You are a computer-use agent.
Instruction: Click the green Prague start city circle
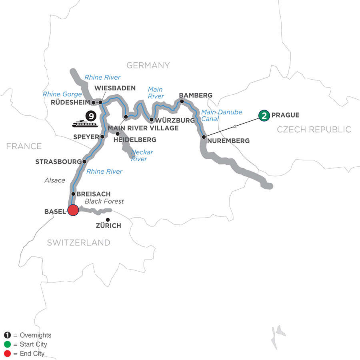(264, 115)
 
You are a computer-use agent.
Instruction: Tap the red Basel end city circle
(73, 210)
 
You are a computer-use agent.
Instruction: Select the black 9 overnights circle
(92, 116)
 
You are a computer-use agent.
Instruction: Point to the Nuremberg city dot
(204, 137)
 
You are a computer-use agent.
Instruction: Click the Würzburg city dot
(152, 120)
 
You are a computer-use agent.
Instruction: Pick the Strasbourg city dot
(84, 162)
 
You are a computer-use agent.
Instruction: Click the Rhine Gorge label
(62, 94)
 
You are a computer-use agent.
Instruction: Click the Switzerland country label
(78, 242)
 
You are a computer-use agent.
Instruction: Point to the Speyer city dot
(102, 136)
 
